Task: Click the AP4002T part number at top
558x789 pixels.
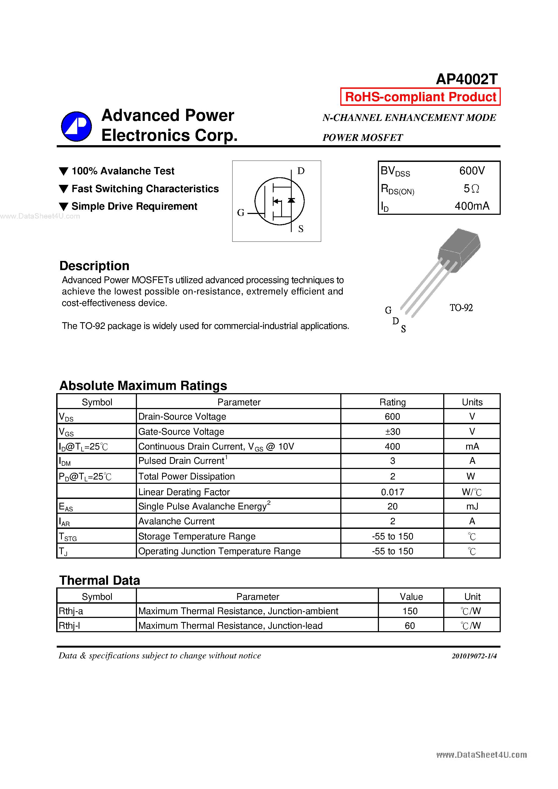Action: coord(466,79)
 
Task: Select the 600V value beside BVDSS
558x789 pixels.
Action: coord(472,171)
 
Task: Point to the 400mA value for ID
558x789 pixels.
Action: coord(472,206)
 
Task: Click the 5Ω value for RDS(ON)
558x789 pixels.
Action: coord(471,188)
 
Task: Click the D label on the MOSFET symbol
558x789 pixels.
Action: coord(301,171)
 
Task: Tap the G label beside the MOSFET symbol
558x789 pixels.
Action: coord(240,213)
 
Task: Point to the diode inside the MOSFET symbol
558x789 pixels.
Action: coord(291,200)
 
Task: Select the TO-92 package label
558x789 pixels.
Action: coord(461,308)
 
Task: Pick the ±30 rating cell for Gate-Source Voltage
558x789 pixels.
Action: coord(392,432)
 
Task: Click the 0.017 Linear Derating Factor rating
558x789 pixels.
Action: coord(392,492)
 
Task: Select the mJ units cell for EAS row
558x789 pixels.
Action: coord(472,506)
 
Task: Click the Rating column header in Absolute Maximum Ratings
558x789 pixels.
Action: coord(392,402)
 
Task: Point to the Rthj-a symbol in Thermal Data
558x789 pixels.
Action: coord(71,611)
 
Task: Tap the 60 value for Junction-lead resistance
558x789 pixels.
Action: coord(409,626)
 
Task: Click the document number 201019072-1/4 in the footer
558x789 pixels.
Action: coord(474,656)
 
